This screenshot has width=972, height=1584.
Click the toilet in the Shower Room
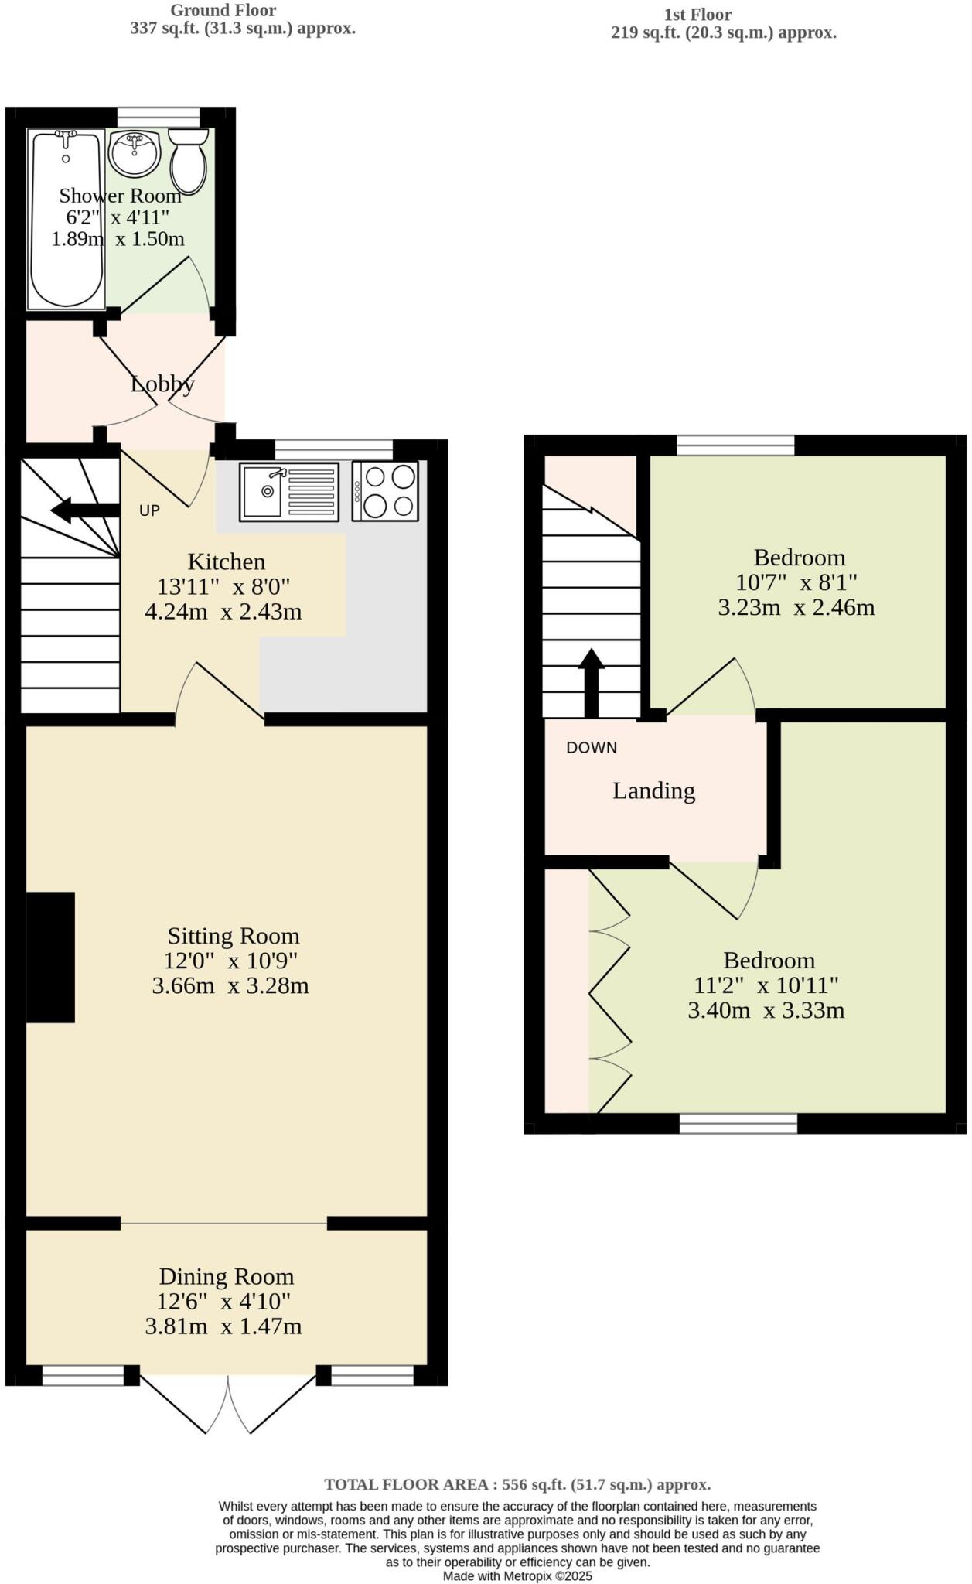pyautogui.click(x=188, y=161)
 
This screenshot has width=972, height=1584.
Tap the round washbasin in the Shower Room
pyautogui.click(x=135, y=152)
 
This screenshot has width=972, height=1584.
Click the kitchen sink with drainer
pyautogui.click(x=289, y=491)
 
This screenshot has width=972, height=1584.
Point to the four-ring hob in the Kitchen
pyautogui.click(x=385, y=491)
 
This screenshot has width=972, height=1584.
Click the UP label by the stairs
pyautogui.click(x=149, y=511)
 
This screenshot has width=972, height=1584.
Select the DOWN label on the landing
pyautogui.click(x=592, y=748)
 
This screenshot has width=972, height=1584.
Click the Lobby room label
pyautogui.click(x=162, y=384)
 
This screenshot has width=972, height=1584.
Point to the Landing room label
pyautogui.click(x=653, y=790)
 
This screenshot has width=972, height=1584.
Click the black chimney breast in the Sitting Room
pyautogui.click(x=50, y=958)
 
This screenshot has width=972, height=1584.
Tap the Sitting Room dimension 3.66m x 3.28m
pyautogui.click(x=230, y=986)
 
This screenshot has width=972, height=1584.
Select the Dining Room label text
pyautogui.click(x=226, y=1277)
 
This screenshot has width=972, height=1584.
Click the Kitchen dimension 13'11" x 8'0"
pyautogui.click(x=223, y=586)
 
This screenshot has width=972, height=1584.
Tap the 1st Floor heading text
pyautogui.click(x=697, y=15)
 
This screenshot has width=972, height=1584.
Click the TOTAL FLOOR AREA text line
pyautogui.click(x=517, y=1485)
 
